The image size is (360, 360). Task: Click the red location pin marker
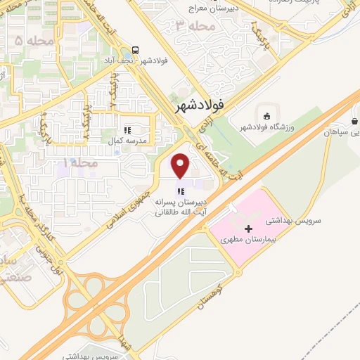point(181,165)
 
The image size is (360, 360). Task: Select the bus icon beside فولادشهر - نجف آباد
point(134,51)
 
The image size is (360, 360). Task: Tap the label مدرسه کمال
point(126,141)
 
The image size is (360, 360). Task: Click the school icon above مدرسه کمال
point(127,130)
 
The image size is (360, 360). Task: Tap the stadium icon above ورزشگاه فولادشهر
point(266,115)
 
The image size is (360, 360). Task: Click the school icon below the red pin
point(181,190)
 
